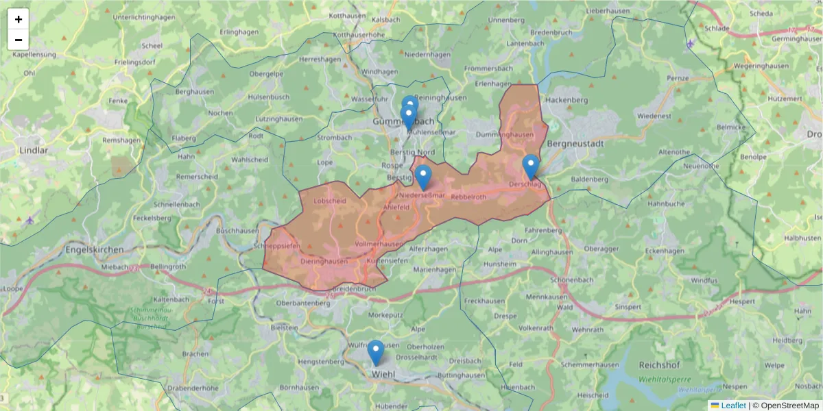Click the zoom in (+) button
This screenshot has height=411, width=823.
click(19, 19)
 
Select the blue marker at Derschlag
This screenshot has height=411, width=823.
click(531, 166)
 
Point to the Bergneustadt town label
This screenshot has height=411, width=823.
click(575, 144)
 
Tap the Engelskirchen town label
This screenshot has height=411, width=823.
click(95, 250)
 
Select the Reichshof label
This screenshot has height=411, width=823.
click(658, 365)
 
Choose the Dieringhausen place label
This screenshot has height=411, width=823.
click(324, 261)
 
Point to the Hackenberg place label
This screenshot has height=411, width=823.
click(569, 100)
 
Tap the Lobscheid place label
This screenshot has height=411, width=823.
click(329, 201)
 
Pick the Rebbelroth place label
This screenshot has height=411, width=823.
click(468, 197)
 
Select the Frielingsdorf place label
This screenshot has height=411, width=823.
click(136, 62)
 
